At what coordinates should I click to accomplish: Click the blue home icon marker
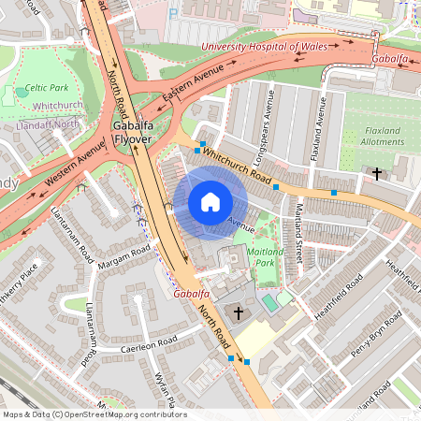click(210, 202)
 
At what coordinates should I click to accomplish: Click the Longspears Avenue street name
click(271, 110)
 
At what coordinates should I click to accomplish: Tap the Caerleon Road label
click(149, 343)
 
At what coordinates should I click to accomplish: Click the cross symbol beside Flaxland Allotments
click(377, 173)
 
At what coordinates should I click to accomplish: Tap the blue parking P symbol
click(174, 14)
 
